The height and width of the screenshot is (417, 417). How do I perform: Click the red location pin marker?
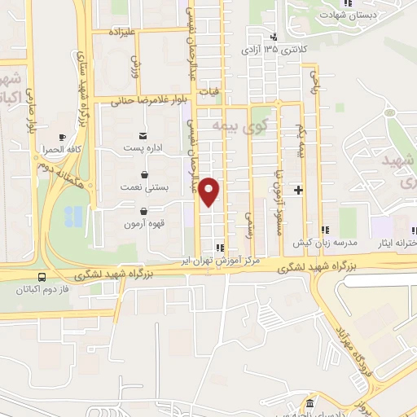coord(210,191)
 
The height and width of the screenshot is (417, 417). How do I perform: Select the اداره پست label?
coord(144,148)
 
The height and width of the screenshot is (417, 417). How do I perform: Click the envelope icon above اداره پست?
coord(144,135)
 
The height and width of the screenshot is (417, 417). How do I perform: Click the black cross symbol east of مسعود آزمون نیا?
coord(299,190)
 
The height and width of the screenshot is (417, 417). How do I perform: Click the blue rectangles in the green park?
coord(72,216)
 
